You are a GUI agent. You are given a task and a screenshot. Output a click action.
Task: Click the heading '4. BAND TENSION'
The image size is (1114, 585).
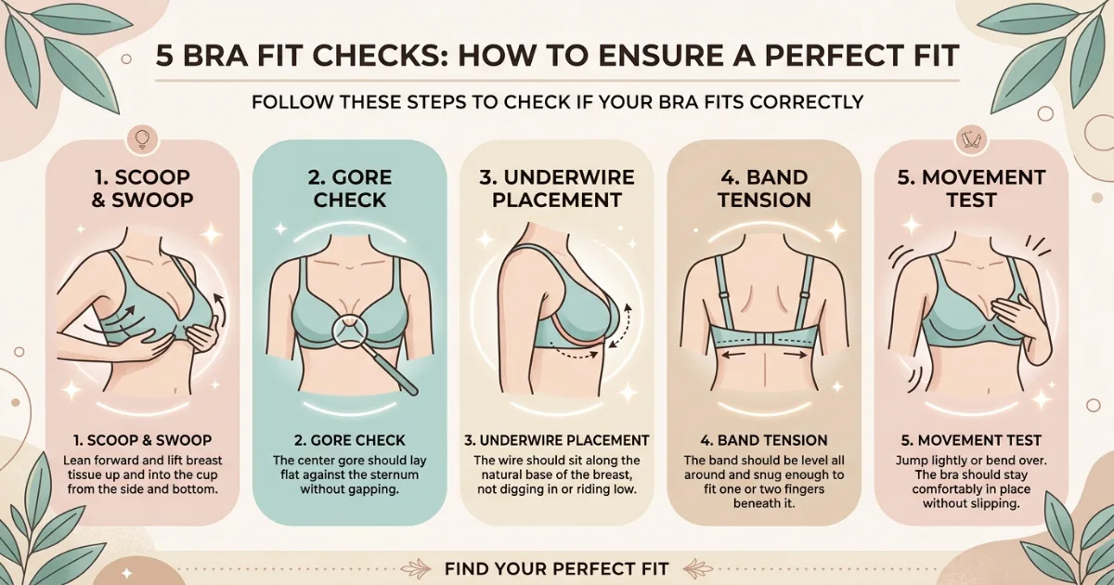[x=764, y=188]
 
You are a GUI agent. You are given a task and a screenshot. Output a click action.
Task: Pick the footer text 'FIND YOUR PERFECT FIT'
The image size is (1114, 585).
[x=556, y=566]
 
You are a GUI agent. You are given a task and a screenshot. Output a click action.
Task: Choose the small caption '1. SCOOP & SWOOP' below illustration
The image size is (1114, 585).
[x=139, y=440]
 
